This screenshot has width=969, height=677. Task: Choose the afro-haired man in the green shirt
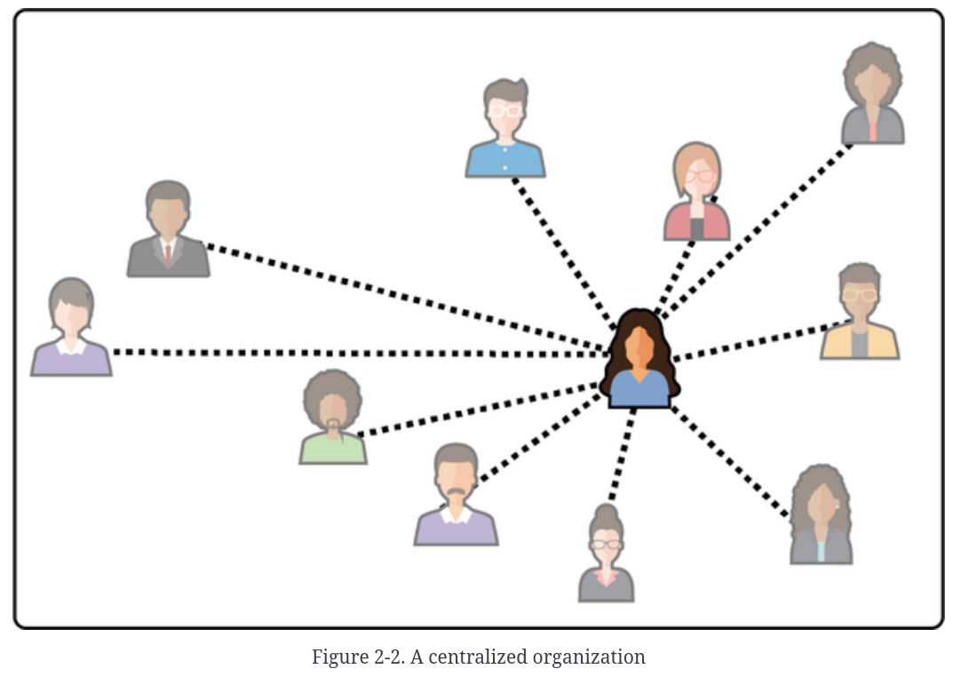[x=333, y=418]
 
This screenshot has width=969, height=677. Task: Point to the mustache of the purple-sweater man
[x=456, y=491]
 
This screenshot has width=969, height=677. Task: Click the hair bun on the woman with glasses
[x=607, y=513]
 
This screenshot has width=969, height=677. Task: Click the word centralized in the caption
[x=477, y=657]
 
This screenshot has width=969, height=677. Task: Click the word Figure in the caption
[x=337, y=657]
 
